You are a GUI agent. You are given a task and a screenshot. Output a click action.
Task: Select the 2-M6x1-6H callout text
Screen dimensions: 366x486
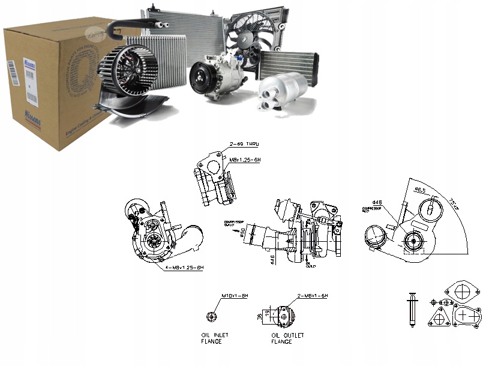(313, 296)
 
